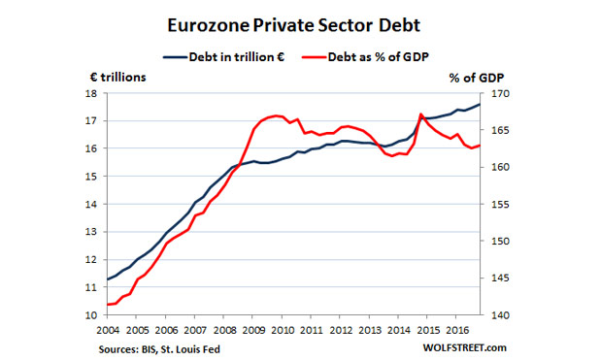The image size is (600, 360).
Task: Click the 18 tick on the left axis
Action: pyautogui.click(x=89, y=94)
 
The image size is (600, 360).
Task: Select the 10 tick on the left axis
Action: pyautogui.click(x=89, y=315)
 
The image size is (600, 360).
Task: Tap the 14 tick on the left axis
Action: pyautogui.click(x=89, y=205)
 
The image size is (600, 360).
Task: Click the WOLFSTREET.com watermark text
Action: pyautogui.click(x=465, y=346)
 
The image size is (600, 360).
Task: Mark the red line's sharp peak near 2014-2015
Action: pyautogui.click(x=420, y=115)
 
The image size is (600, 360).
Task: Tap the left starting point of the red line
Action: pyautogui.click(x=106, y=305)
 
